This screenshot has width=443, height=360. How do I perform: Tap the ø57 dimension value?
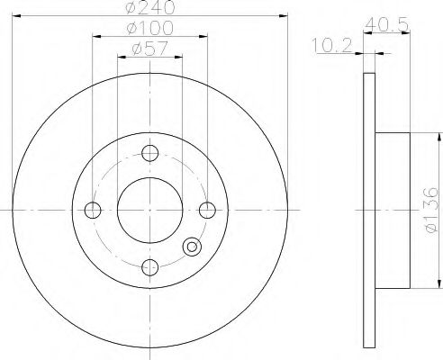(x=149, y=50)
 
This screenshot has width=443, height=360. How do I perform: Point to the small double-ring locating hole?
(x=190, y=248)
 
